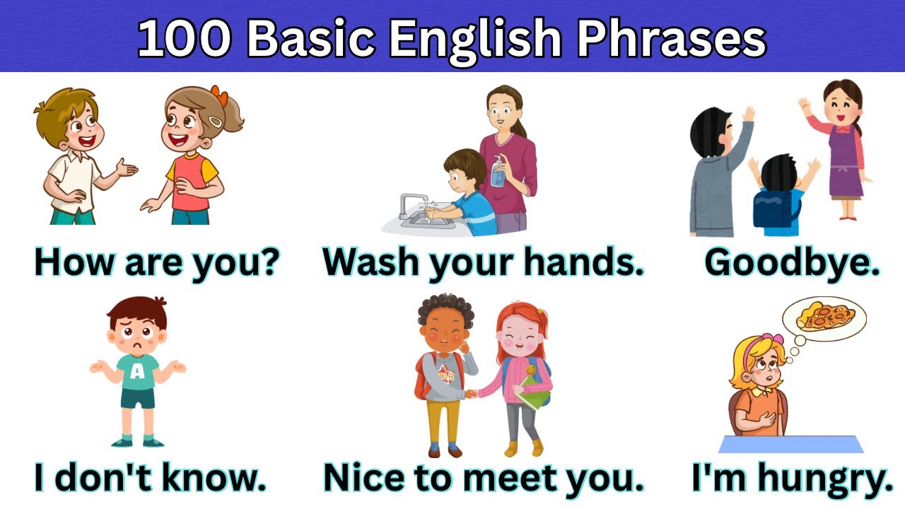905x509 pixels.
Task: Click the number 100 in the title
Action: pyautogui.click(x=186, y=39)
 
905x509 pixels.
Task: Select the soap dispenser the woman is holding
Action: pyautogui.click(x=499, y=172)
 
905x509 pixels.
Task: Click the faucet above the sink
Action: pyautogui.click(x=410, y=203)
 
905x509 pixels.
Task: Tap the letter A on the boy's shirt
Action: pyautogui.click(x=136, y=370)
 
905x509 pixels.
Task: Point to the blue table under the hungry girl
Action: pyautogui.click(x=791, y=444)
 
